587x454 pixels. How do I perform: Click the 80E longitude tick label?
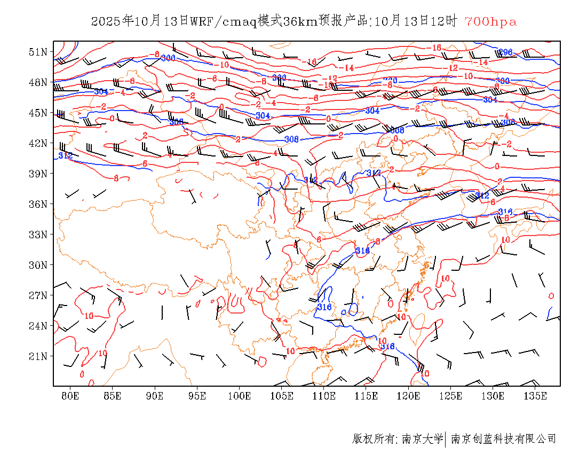[70, 396]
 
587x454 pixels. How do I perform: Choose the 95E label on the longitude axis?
[197, 396]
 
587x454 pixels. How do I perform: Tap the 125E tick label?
[451, 396]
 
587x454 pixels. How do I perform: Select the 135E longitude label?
[535, 396]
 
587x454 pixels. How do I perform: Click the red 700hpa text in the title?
[490, 22]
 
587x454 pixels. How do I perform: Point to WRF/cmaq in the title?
[223, 22]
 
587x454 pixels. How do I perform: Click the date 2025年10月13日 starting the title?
[140, 22]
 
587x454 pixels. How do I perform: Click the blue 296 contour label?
[505, 52]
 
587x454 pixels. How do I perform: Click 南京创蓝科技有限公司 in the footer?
[503, 439]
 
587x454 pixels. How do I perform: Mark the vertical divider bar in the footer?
[446, 439]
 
